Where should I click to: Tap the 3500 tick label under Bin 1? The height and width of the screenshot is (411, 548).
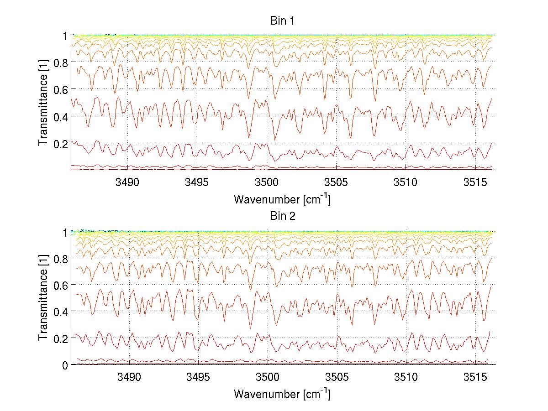pyautogui.click(x=267, y=183)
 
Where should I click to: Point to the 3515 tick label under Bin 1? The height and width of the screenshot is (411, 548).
pyautogui.click(x=475, y=183)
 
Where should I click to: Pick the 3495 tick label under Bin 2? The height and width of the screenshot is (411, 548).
pyautogui.click(x=198, y=378)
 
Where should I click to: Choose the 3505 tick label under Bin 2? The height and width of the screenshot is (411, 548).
pyautogui.click(x=337, y=378)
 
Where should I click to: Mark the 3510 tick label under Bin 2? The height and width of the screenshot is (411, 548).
pyautogui.click(x=406, y=378)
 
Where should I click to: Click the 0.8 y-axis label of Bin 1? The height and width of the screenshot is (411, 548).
pyautogui.click(x=61, y=62)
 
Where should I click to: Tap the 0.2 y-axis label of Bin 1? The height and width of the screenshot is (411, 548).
pyautogui.click(x=61, y=144)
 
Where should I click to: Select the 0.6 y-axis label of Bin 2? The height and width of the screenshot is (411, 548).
pyautogui.click(x=61, y=285)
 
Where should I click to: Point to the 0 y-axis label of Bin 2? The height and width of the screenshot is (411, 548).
pyautogui.click(x=66, y=365)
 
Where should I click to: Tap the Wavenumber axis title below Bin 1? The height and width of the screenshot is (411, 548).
pyautogui.click(x=282, y=199)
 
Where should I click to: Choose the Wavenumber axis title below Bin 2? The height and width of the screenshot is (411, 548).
pyautogui.click(x=282, y=394)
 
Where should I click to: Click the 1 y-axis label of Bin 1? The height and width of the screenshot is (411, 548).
pyautogui.click(x=66, y=36)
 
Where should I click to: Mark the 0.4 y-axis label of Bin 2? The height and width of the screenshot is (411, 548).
pyautogui.click(x=61, y=312)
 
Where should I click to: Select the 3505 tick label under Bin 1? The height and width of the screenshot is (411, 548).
pyautogui.click(x=337, y=183)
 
